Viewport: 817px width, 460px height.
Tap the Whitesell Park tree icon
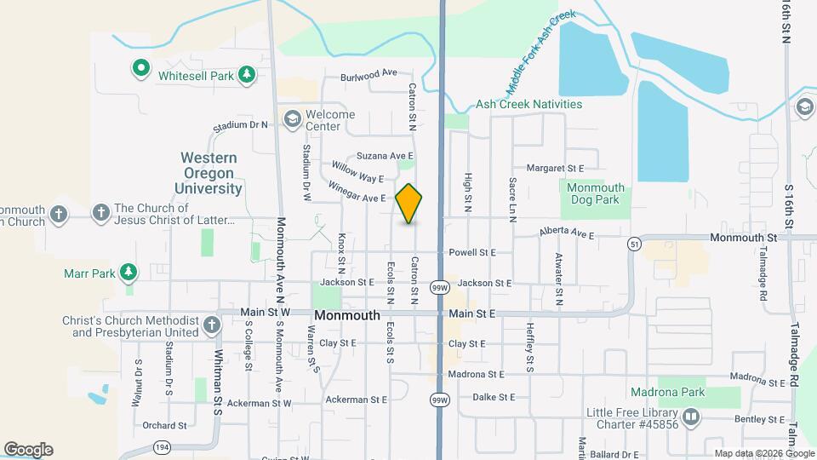(x=247, y=75)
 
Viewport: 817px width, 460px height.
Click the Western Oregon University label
(x=209, y=173)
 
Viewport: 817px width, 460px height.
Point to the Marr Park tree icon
(x=128, y=273)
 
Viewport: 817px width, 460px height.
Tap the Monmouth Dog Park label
(x=596, y=193)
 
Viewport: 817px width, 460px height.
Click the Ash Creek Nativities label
(x=528, y=104)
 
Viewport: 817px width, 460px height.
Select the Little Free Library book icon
(x=690, y=417)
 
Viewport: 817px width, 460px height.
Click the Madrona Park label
(x=663, y=393)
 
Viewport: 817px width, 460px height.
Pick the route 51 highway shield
(x=635, y=244)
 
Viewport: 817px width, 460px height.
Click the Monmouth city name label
(x=347, y=315)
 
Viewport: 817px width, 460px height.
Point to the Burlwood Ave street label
(x=369, y=76)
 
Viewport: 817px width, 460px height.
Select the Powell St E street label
(x=472, y=253)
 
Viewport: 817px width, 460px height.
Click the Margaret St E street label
(x=555, y=169)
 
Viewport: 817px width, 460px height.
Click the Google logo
(x=28, y=449)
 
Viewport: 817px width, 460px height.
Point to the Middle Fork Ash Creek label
(x=541, y=53)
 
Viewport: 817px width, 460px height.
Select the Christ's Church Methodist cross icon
(x=213, y=325)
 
